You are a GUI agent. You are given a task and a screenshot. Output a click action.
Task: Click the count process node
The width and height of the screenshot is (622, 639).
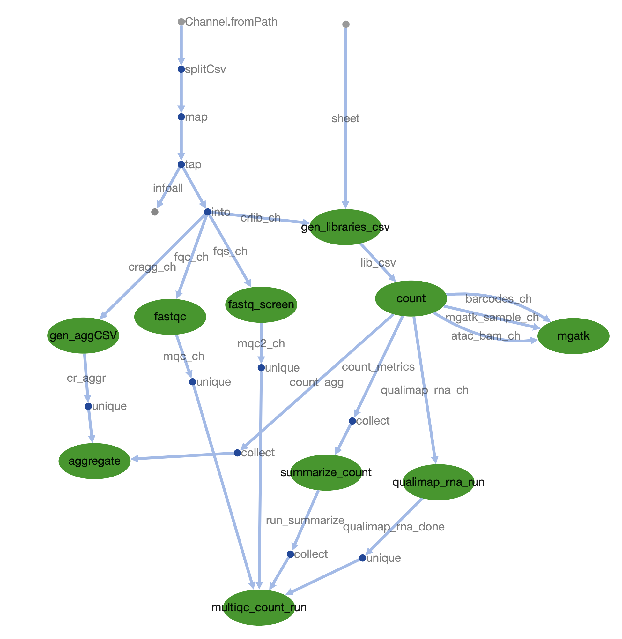[411, 298]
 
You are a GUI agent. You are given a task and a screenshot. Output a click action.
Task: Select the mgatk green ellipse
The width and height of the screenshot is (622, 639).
[573, 336]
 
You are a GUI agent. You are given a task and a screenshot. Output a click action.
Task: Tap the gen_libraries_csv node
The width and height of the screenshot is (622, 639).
[345, 227]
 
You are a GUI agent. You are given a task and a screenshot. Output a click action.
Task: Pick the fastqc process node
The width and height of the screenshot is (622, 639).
[170, 317]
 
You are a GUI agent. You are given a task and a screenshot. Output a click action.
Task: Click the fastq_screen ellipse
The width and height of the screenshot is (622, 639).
[261, 304]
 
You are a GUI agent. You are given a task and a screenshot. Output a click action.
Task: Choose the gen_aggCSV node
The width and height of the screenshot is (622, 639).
[83, 336]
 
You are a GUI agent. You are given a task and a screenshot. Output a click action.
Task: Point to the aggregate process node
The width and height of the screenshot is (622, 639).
[94, 461]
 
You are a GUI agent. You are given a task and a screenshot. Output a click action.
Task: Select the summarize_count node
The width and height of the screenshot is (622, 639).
[326, 473]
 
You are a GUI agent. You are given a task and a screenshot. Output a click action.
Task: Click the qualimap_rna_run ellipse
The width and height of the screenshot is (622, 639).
[438, 482]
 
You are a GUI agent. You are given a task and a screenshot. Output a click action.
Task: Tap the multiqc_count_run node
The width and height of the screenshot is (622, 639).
[259, 608]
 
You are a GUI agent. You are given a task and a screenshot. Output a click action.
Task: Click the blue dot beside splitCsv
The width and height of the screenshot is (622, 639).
[181, 69]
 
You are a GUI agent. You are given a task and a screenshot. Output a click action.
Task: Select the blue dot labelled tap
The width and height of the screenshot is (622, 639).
[181, 164]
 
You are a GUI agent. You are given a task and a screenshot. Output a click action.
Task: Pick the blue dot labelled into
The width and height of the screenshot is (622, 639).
[207, 212]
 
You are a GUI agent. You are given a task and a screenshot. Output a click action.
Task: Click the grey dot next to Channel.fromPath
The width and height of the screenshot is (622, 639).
[181, 22]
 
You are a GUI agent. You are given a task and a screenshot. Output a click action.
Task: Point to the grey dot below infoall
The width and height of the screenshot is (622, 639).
[155, 212]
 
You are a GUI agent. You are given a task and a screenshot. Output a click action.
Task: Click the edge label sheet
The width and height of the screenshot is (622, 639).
[345, 119]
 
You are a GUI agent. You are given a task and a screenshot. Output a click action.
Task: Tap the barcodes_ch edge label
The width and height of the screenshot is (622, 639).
[499, 299]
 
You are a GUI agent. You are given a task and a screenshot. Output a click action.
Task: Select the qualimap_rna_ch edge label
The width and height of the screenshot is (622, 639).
[425, 390]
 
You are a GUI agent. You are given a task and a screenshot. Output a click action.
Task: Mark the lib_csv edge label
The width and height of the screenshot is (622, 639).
[378, 263]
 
